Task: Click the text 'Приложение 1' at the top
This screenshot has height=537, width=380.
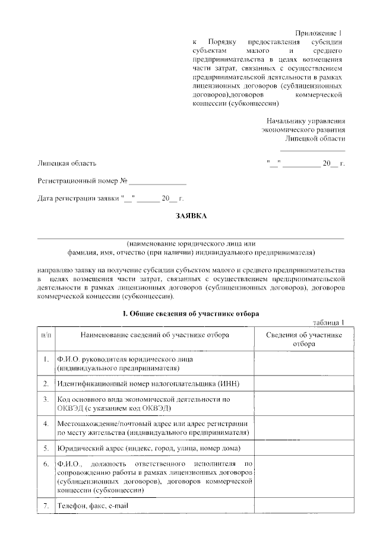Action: point(319,32)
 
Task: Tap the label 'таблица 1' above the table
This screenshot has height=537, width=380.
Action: point(328,322)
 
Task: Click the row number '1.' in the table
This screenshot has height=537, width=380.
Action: point(46,360)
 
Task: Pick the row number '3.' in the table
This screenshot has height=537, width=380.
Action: point(46,400)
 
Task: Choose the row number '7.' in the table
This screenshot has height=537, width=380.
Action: point(46,506)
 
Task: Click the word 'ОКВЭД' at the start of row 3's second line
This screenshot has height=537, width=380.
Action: point(69,409)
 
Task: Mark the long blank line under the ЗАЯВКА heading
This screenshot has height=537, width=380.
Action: point(191,238)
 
